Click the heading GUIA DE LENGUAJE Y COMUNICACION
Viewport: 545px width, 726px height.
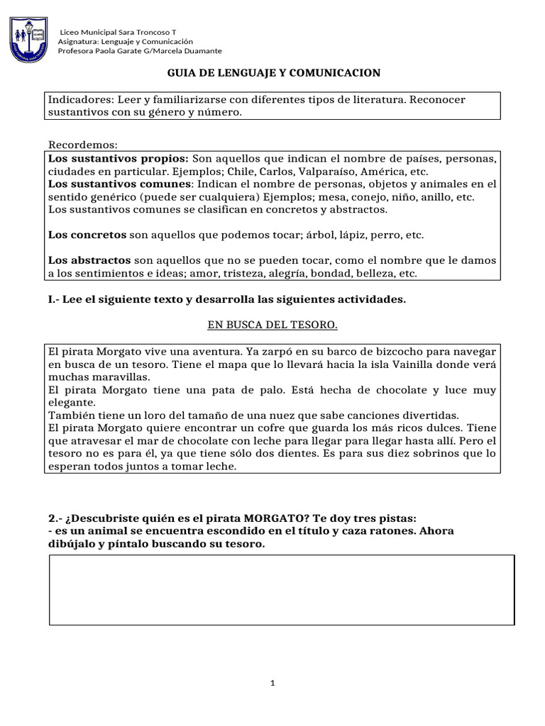click(273, 73)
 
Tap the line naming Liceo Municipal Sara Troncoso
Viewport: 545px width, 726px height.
click(118, 33)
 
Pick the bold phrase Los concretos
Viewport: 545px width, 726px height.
click(87, 235)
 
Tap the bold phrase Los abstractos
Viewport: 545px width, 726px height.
click(89, 260)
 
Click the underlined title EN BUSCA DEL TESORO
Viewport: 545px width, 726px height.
click(272, 325)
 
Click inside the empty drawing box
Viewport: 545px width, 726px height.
click(281, 589)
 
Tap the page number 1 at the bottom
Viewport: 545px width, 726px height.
click(272, 683)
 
